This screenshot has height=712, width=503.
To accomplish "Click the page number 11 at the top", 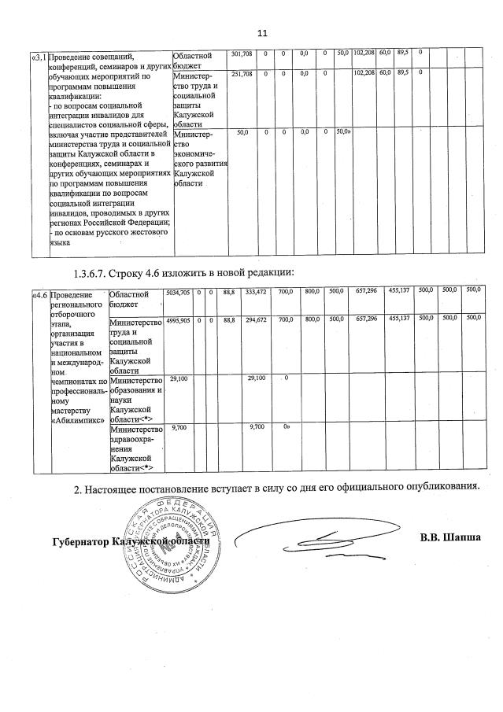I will [262, 33].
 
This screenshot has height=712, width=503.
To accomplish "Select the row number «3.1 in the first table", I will [37, 57].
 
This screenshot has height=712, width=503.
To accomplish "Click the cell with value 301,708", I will [240, 53].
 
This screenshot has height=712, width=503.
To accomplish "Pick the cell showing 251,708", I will [240, 73].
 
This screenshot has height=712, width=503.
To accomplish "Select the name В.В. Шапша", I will [450, 538].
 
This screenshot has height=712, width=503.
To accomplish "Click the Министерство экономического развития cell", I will [200, 158].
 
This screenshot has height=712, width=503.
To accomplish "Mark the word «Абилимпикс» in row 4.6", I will [77, 420].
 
